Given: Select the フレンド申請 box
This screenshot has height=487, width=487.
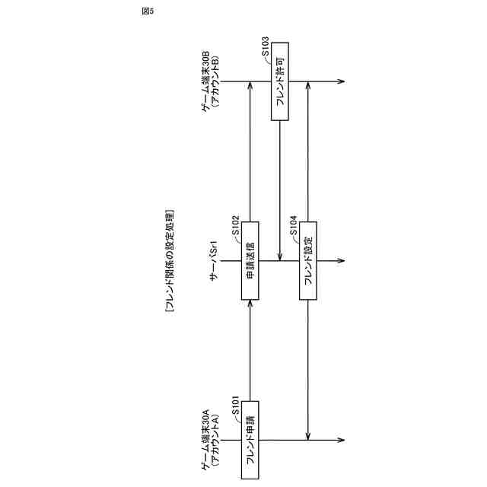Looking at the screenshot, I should pos(250,439).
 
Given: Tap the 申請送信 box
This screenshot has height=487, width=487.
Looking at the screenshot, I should pos(250,260).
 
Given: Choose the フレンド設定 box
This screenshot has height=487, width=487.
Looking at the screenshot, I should pos(309,260).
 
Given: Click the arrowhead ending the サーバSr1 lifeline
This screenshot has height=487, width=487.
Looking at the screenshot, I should pos(341,260).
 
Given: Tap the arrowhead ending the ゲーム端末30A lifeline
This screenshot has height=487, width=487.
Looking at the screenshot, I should pos(341,439).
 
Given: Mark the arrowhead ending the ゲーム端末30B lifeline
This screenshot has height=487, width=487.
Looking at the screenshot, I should pos(341,81).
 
